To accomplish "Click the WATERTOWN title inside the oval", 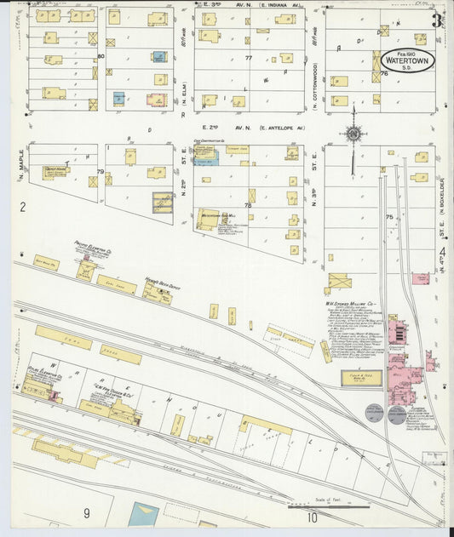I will click(406, 61).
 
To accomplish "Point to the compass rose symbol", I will click(352, 133).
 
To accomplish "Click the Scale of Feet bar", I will click(328, 507).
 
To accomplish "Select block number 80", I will click(101, 57).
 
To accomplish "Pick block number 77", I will click(249, 58).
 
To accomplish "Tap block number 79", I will click(100, 173).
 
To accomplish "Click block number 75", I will click(389, 217).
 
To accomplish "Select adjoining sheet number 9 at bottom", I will click(86, 512).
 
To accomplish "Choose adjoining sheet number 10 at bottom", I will click(313, 517).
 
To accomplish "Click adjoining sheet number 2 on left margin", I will click(23, 207).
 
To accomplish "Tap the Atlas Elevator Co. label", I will click(41, 371).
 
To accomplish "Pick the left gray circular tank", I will click(375, 414).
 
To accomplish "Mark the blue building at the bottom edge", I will click(143, 513).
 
